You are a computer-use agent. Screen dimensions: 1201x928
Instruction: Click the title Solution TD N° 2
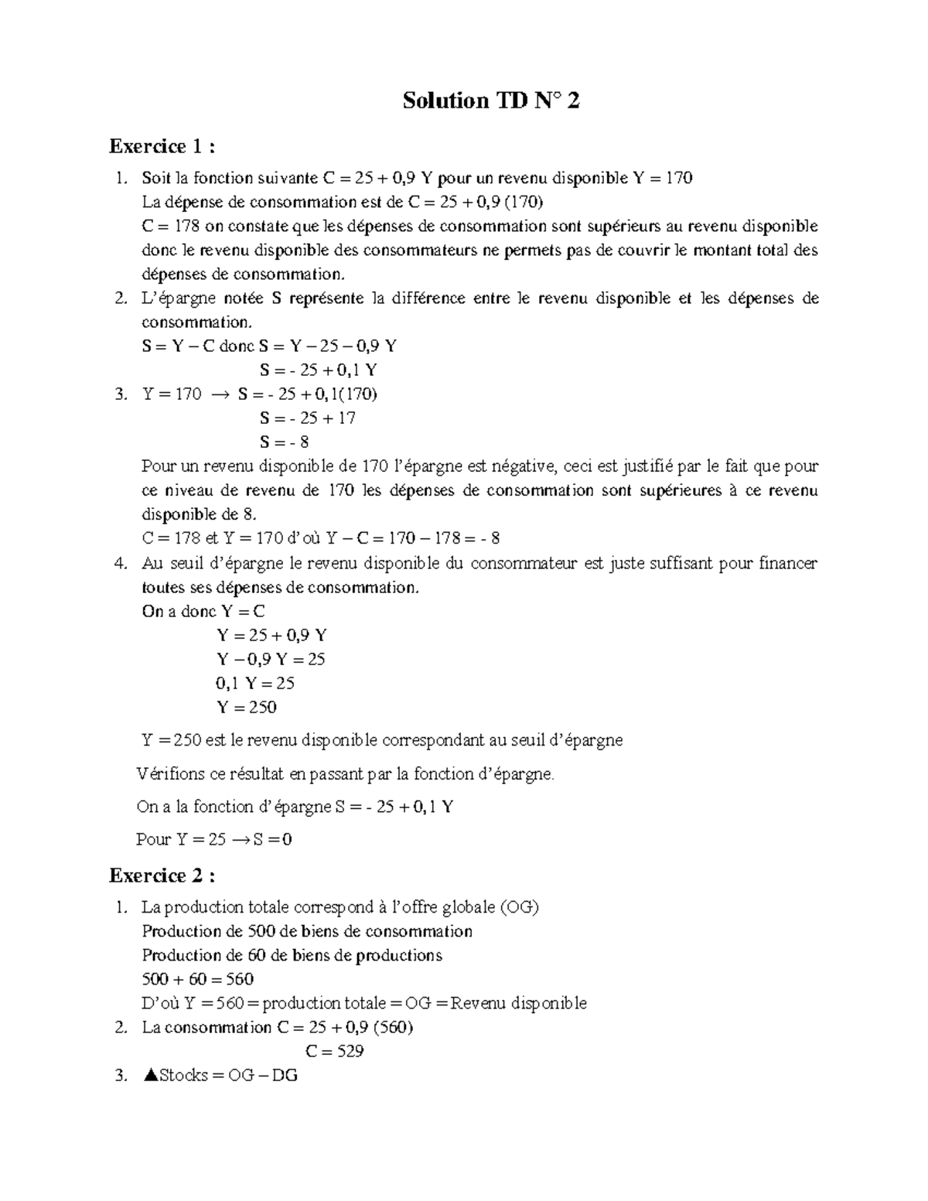[490, 101]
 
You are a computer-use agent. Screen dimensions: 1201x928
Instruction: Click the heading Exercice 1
[162, 146]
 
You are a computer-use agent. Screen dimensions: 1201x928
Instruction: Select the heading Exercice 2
[162, 875]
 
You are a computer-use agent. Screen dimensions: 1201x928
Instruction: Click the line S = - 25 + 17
[308, 418]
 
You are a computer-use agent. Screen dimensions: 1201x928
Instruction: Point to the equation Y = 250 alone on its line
[246, 707]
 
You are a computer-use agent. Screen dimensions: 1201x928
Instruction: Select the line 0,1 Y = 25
[255, 683]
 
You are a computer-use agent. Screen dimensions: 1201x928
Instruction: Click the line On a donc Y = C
[203, 611]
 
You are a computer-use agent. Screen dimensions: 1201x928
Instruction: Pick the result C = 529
[334, 1051]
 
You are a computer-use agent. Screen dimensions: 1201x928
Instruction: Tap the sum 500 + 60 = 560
[198, 979]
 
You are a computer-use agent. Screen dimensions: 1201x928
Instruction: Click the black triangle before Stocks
[150, 1075]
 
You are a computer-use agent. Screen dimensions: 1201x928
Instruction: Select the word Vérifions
[171, 774]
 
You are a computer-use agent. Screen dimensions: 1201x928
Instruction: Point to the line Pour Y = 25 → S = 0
[214, 839]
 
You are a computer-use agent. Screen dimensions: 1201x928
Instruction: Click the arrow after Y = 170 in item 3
[220, 394]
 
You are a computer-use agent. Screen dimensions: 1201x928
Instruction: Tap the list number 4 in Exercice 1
[120, 563]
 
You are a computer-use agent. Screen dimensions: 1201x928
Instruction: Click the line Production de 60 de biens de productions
[292, 955]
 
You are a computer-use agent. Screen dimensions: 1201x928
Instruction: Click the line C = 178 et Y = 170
[321, 538]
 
